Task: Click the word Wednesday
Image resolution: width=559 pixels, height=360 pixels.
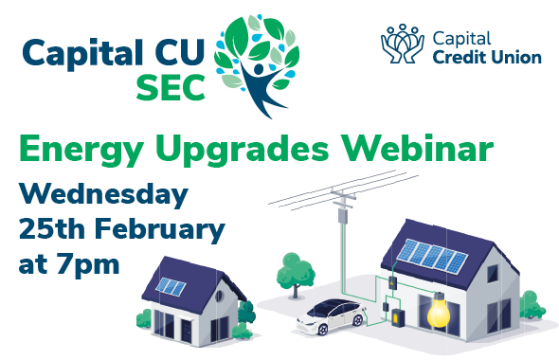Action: [102, 197]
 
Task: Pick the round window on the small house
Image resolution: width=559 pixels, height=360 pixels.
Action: [221, 296]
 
